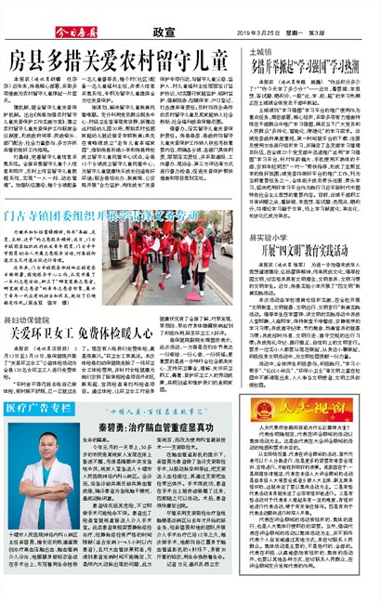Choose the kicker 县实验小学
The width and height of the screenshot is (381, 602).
pos(269,239)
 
